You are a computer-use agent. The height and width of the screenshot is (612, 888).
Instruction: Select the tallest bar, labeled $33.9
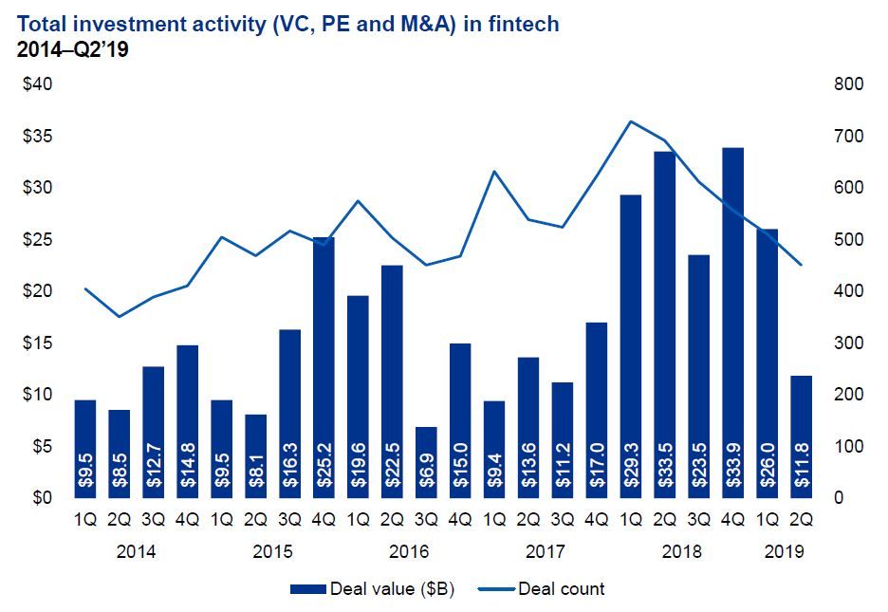pos(733,323)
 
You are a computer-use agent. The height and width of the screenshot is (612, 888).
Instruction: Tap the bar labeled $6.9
pos(427,462)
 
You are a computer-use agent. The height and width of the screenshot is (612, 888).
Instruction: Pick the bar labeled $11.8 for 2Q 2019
pos(802,436)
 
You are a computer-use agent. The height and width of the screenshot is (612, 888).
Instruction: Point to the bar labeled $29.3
pos(631,346)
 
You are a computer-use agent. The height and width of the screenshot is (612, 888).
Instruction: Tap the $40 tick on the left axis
pos(37,84)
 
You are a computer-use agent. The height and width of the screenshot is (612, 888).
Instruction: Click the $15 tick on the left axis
pos(37,343)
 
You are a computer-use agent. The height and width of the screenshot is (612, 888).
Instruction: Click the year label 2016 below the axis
pos(410,551)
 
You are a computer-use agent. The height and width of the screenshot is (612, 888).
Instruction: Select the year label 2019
pos(785,551)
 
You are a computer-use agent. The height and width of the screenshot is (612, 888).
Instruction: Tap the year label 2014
pos(137,551)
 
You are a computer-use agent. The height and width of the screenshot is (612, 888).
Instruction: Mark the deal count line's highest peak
pos(631,121)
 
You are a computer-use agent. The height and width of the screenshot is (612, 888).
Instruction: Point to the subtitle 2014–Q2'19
pos(73,49)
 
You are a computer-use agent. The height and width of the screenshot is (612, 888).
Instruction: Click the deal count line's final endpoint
pos(802,265)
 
